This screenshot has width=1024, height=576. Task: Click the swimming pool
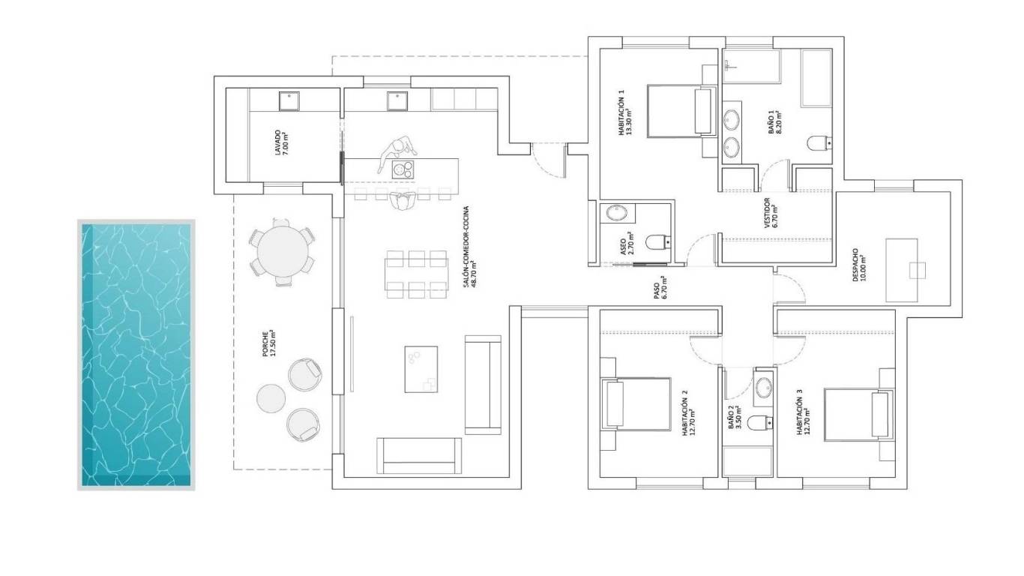coord(136,355)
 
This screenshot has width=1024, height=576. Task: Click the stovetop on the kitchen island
coord(403,169)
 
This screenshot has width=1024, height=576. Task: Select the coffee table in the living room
coord(421,368)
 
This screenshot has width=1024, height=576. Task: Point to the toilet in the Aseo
coord(658,241)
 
